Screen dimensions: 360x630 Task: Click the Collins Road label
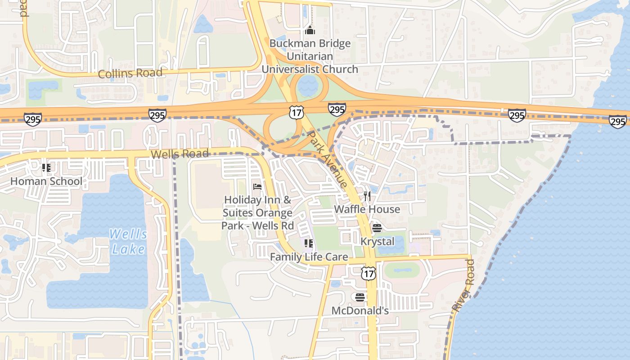tap(130, 73)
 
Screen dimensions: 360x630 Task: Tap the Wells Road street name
tap(180, 154)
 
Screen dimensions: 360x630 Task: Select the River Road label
tap(463, 286)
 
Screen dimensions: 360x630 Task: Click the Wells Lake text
tap(128, 242)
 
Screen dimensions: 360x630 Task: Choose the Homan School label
tap(46, 181)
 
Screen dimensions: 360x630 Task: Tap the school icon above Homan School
tap(46, 168)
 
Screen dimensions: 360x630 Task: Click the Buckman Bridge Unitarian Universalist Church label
tap(310, 56)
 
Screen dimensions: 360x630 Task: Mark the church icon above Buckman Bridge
tap(310, 31)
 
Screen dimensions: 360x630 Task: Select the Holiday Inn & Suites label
tap(258, 212)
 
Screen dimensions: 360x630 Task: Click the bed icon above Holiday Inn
tap(257, 186)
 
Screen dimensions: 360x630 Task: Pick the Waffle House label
tap(367, 209)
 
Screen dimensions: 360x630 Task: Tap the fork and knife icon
tap(367, 196)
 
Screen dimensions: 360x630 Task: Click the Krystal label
tap(377, 242)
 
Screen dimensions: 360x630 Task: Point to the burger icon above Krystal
tap(377, 228)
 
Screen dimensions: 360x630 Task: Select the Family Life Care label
tap(309, 257)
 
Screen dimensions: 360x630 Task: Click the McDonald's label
tap(360, 310)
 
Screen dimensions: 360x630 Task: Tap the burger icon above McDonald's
tap(360, 297)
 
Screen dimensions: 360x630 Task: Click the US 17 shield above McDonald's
tap(368, 273)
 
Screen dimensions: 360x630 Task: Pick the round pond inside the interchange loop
tap(308, 85)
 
